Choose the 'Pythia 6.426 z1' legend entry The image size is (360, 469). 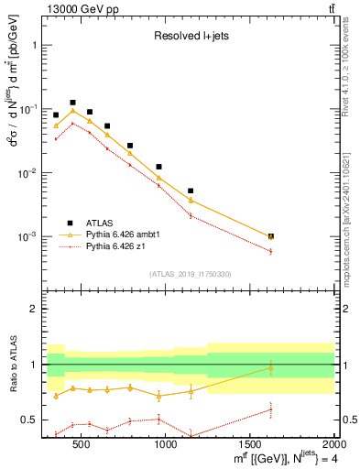pyautogui.click(x=118, y=246)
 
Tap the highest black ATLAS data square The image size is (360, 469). pyautogui.click(x=72, y=103)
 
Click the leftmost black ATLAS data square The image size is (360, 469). pyautogui.click(x=56, y=115)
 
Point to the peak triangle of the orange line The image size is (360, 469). pyautogui.click(x=72, y=111)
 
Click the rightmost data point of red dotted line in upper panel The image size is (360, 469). pyautogui.click(x=270, y=251)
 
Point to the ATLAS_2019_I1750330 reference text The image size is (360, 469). pyautogui.click(x=189, y=274)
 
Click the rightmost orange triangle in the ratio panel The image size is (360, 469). pyautogui.click(x=270, y=368)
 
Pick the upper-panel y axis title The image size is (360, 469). pyautogui.click(x=15, y=137)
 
